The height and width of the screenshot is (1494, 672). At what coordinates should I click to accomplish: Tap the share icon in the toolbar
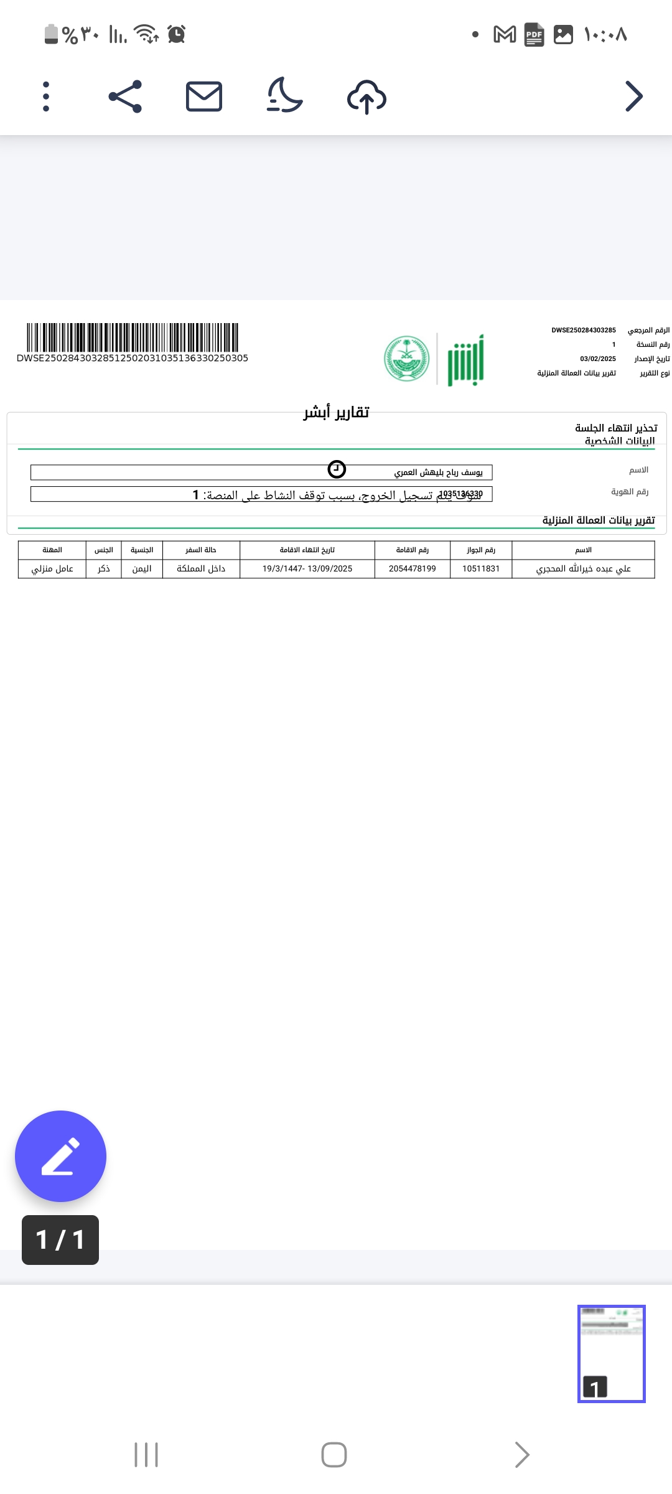(x=125, y=96)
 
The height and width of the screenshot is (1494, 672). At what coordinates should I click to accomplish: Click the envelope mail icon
(x=204, y=96)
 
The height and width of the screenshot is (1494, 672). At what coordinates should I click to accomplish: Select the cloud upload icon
(x=366, y=97)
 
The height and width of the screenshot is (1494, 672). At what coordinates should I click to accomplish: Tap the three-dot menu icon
(x=46, y=96)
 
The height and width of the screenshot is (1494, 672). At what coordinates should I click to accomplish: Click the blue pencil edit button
(x=60, y=1156)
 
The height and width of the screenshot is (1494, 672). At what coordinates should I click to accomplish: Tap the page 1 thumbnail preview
(x=611, y=1353)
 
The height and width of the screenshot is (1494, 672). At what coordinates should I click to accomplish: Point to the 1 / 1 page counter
(x=60, y=1239)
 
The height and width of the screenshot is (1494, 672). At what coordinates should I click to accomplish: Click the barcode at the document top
(x=132, y=337)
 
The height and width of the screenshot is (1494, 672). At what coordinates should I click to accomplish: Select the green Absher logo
(x=465, y=360)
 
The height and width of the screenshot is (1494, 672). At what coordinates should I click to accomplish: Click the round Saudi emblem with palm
(x=407, y=359)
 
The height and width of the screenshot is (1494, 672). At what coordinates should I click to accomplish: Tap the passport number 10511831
(x=480, y=569)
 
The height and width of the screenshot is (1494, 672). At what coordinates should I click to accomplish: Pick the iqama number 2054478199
(x=412, y=569)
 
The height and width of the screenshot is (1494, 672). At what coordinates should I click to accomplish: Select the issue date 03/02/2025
(x=597, y=359)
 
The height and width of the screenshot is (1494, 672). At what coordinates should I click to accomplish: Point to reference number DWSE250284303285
(x=583, y=331)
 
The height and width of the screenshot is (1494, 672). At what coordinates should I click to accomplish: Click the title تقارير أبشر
(x=336, y=413)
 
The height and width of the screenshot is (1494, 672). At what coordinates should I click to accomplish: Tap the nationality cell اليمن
(x=142, y=569)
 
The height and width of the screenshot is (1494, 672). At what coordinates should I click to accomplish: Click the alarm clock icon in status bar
(x=177, y=34)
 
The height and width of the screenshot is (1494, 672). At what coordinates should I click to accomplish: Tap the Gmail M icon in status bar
(x=505, y=34)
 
